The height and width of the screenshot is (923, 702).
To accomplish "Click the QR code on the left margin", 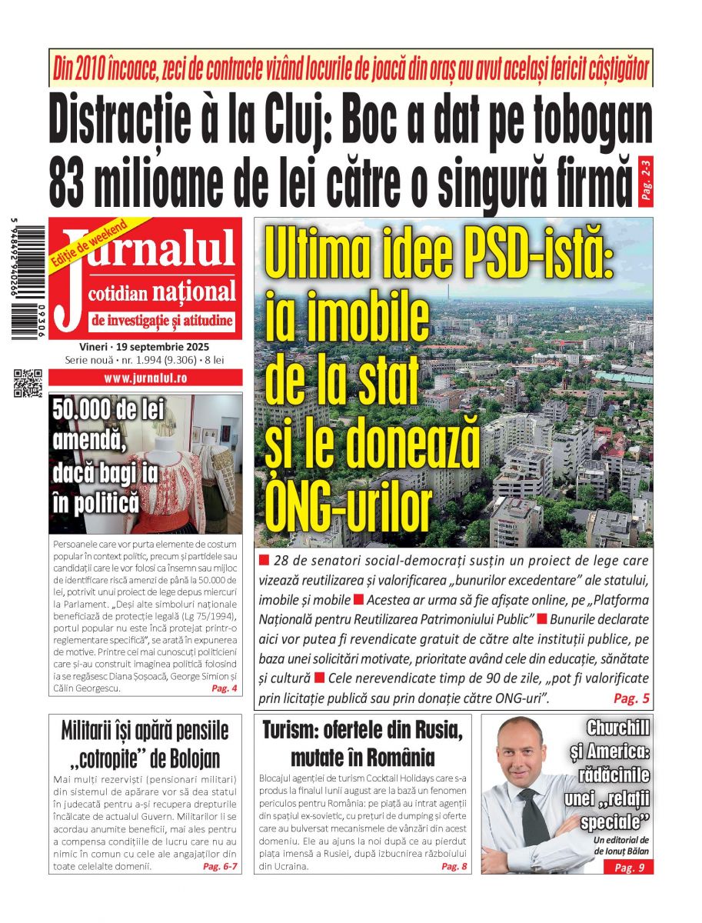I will [28, 383].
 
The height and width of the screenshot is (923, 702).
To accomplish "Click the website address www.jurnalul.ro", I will [145, 378].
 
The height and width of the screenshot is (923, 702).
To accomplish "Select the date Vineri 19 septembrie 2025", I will [145, 346].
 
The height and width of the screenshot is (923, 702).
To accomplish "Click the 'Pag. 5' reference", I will [631, 698].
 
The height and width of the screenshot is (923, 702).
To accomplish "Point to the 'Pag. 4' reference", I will [224, 688].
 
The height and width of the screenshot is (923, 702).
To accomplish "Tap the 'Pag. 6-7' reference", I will [220, 866].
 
